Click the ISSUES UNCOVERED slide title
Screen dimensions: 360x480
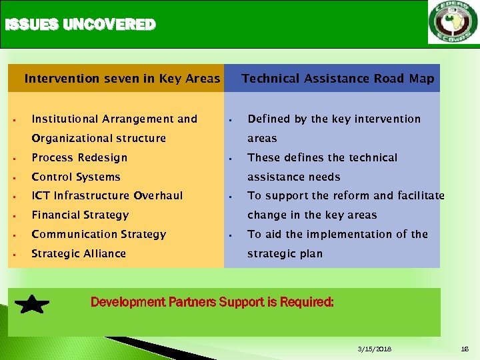(79, 25)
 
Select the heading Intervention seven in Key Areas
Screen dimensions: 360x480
(122, 79)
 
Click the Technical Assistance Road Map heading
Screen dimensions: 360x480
(337, 79)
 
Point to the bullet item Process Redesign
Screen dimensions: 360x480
(79, 158)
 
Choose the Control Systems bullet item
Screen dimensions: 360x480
(76, 177)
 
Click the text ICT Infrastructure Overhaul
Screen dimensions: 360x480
(107, 196)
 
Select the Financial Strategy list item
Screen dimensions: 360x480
(80, 215)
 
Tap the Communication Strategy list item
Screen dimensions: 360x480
(99, 235)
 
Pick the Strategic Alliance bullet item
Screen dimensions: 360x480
(79, 254)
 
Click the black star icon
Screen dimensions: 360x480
(31, 305)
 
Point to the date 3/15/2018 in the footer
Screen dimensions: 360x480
(375, 349)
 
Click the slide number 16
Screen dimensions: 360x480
(465, 349)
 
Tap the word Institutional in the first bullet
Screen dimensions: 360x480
(66, 119)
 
